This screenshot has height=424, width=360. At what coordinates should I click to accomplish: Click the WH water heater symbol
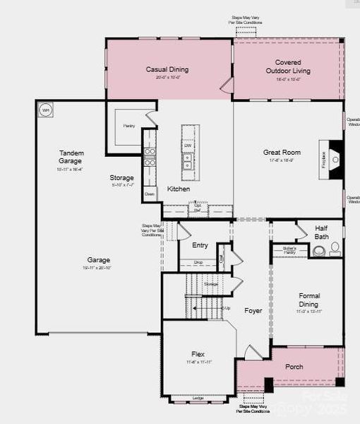pyautogui.click(x=46, y=110)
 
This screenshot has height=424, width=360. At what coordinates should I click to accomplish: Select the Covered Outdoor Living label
pyautogui.click(x=287, y=66)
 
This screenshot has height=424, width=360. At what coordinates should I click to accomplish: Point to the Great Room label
pyautogui.click(x=282, y=152)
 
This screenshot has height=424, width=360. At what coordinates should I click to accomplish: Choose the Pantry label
pyautogui.click(x=128, y=126)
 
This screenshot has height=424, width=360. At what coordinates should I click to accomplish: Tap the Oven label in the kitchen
pyautogui.click(x=149, y=193)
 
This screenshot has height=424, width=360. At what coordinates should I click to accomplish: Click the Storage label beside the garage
pyautogui.click(x=121, y=177)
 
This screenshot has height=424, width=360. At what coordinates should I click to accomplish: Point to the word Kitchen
pyautogui.click(x=178, y=189)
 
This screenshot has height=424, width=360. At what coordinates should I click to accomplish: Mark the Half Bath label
pyautogui.click(x=321, y=232)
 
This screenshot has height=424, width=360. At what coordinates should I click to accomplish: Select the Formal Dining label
pyautogui.click(x=309, y=300)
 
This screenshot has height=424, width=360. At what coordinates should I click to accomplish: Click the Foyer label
pyautogui.click(x=253, y=310)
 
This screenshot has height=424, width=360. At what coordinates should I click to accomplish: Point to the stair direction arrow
pyautogui.click(x=225, y=308)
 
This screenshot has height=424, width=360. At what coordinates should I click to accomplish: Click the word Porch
pyautogui.click(x=294, y=367)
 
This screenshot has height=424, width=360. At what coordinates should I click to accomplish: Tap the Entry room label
pyautogui.click(x=200, y=245)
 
